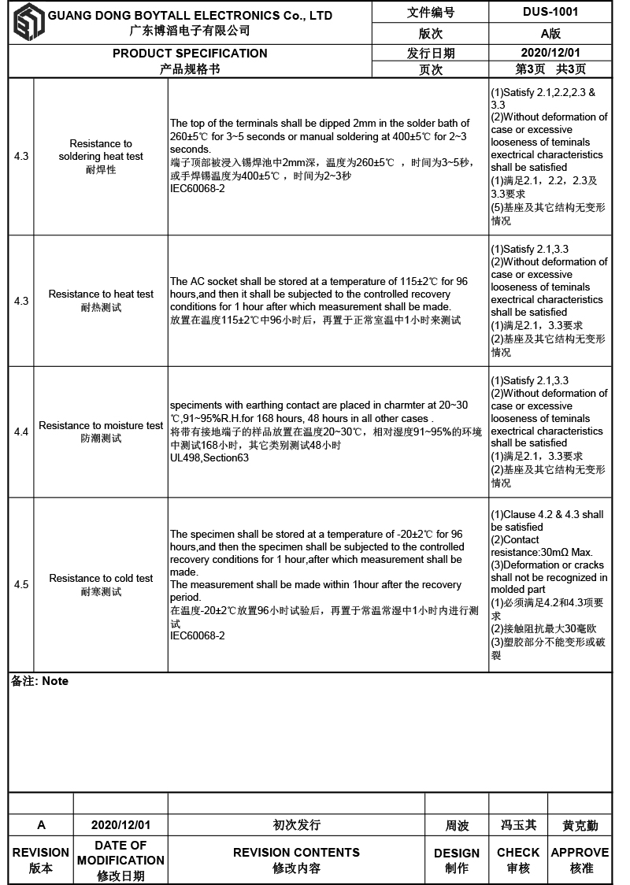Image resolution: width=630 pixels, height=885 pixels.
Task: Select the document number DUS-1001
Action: [550, 12]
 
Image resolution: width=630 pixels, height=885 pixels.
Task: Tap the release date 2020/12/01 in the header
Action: [550, 53]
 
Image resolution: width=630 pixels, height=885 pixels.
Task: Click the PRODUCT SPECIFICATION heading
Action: [190, 54]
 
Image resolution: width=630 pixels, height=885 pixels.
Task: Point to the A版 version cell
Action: [550, 34]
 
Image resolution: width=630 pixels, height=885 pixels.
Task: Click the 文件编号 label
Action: [430, 13]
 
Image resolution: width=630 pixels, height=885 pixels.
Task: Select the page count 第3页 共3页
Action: [550, 69]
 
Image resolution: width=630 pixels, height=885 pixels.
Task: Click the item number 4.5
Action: [21, 584]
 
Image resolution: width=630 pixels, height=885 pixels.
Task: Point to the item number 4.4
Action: [21, 431]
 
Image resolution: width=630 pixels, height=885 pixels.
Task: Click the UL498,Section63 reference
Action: [209, 457]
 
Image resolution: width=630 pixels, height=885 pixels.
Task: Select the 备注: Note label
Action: [40, 681]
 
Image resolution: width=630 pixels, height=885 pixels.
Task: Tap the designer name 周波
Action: [457, 825]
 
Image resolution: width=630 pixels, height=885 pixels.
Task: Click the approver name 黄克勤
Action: [580, 825]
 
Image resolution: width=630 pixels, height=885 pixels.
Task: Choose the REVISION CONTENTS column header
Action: [296, 853]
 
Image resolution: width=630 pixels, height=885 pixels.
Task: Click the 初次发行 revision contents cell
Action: [296, 825]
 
